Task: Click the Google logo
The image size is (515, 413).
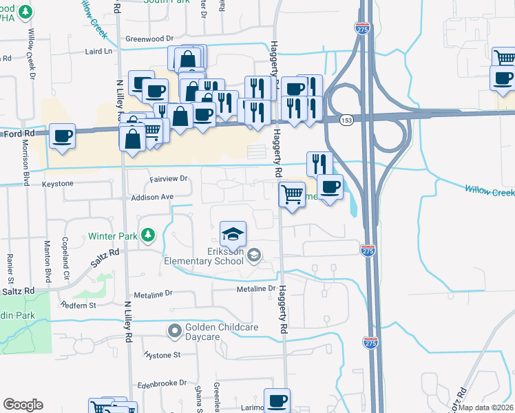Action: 23,405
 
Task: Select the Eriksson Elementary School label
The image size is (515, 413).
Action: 204,256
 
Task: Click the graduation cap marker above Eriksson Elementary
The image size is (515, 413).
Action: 233,234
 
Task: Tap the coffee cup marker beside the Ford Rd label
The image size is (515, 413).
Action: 63,136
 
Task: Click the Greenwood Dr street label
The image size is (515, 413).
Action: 147,39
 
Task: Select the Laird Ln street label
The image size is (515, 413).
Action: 99,52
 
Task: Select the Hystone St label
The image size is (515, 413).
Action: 162,355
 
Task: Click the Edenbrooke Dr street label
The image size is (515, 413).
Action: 162,383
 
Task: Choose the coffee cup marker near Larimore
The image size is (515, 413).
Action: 277,400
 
